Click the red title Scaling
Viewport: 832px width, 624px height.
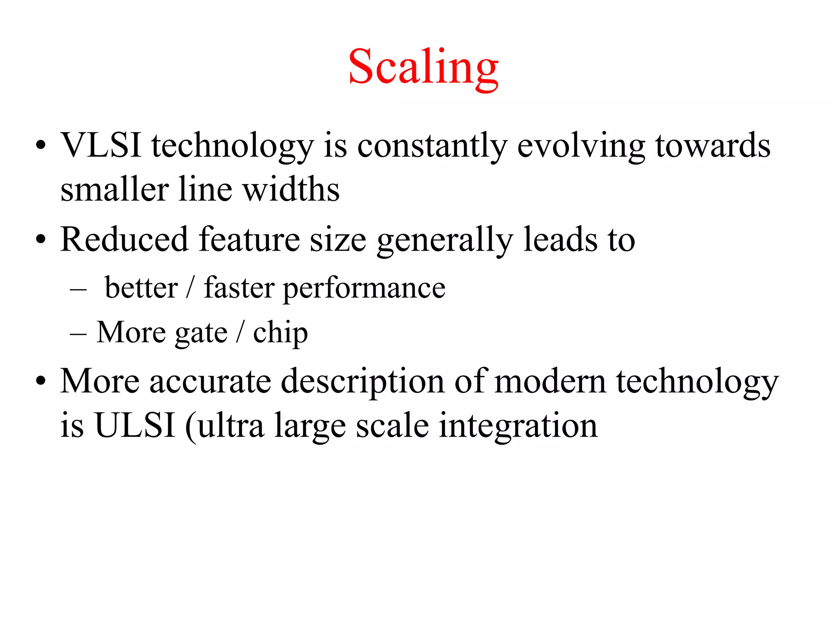[x=423, y=67]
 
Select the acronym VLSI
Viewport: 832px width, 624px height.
[x=101, y=145]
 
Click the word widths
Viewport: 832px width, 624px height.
[x=291, y=189]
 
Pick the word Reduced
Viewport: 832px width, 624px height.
[x=124, y=239]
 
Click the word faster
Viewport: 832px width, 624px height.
[x=239, y=288]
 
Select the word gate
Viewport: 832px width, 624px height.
[x=201, y=333]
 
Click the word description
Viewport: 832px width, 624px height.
[x=363, y=382]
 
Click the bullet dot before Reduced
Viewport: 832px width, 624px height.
[x=41, y=240]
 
